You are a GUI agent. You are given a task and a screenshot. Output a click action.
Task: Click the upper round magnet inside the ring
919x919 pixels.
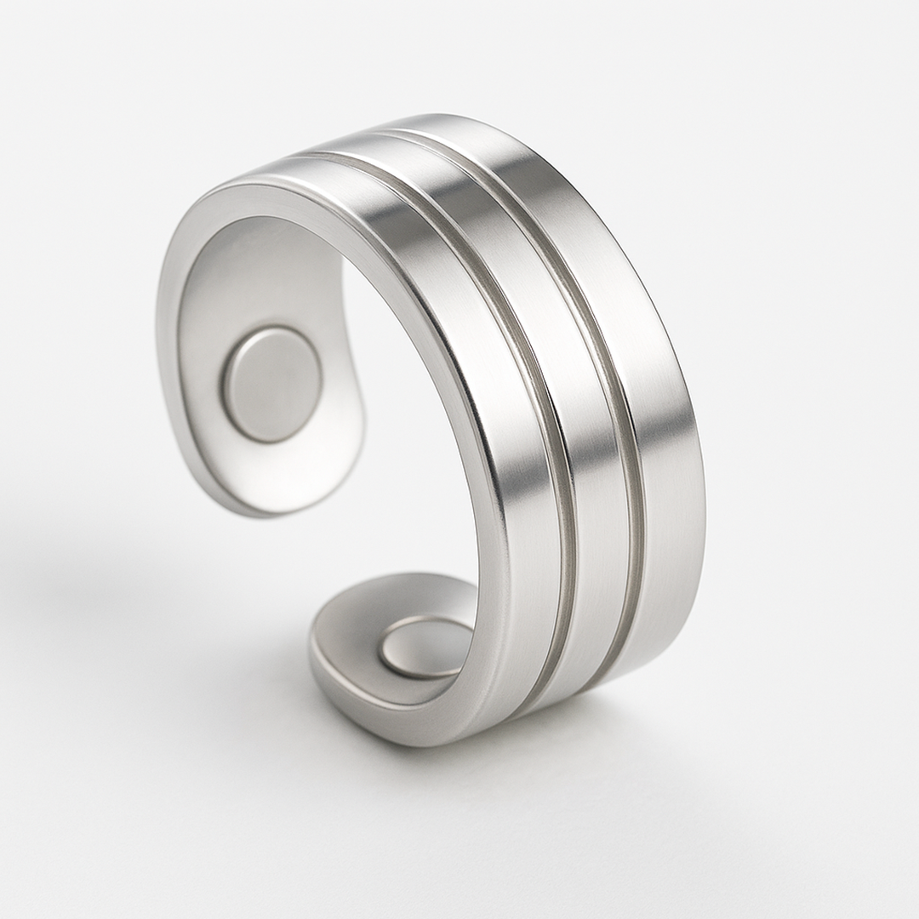[x=271, y=385]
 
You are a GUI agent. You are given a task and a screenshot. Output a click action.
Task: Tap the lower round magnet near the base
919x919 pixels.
[x=424, y=647]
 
